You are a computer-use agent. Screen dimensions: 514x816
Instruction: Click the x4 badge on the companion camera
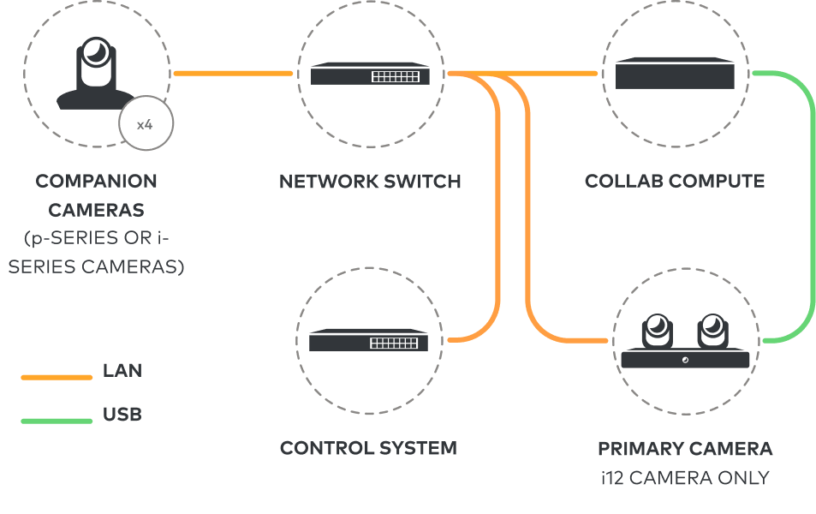tap(146, 125)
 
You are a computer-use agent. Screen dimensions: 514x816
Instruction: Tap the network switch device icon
tap(369, 75)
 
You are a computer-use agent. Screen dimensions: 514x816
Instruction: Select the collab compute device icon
tap(675, 74)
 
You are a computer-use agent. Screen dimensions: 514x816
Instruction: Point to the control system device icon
tap(369, 341)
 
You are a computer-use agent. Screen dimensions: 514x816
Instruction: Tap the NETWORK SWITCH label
tap(369, 182)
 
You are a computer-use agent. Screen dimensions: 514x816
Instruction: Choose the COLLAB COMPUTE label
tap(675, 182)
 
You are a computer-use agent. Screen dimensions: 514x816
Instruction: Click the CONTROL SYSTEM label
tap(368, 448)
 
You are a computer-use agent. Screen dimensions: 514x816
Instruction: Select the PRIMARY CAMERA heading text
tap(685, 448)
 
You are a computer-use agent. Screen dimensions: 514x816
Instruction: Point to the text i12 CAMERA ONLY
tap(685, 477)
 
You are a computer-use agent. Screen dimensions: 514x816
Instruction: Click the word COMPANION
tap(96, 182)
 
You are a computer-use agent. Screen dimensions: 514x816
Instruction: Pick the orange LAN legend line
tap(57, 376)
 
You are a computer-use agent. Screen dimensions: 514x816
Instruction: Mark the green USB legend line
tap(57, 421)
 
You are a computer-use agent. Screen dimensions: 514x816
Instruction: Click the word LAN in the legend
tap(122, 371)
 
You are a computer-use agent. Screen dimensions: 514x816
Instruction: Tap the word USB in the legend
tap(122, 415)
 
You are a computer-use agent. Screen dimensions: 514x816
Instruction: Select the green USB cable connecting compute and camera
tap(811, 206)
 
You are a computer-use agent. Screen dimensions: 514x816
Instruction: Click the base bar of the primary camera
tap(685, 358)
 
